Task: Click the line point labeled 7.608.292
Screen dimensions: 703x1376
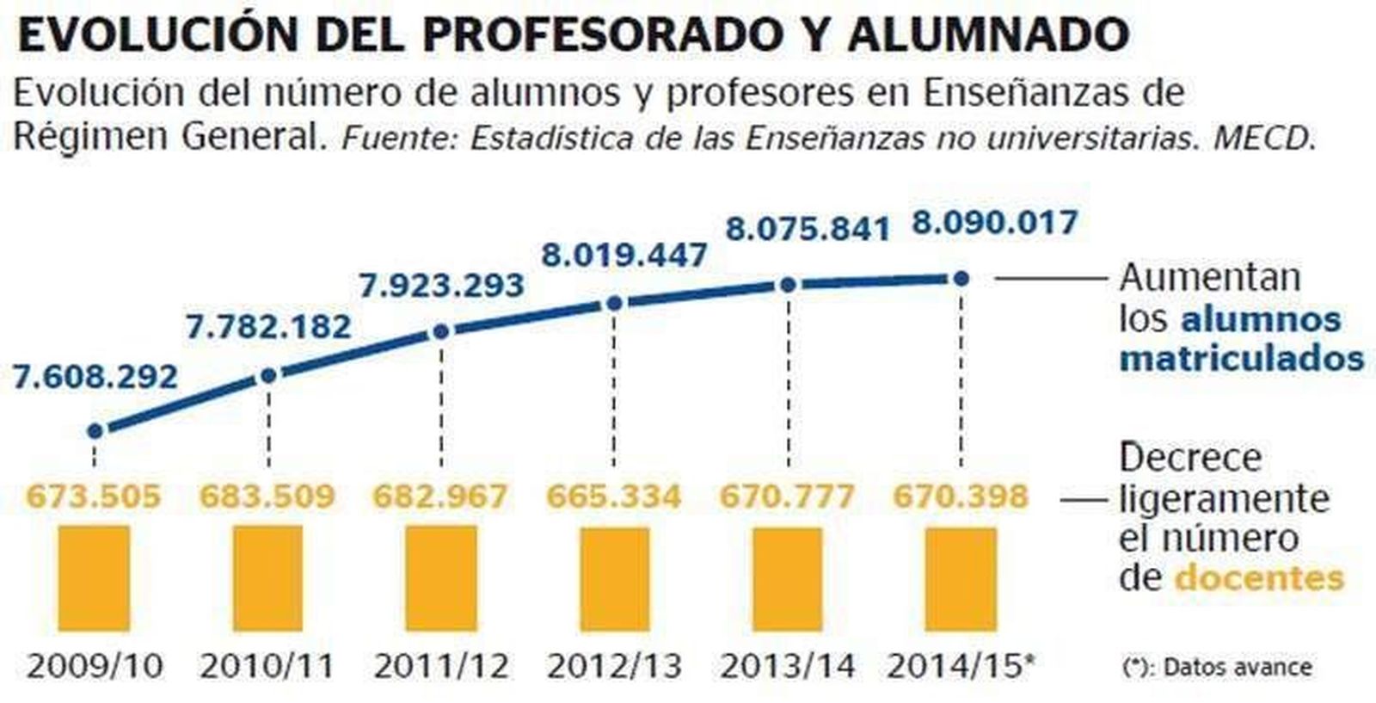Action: click(95, 430)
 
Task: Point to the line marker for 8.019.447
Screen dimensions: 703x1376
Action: click(614, 303)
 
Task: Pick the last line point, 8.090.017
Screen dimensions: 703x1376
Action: click(961, 278)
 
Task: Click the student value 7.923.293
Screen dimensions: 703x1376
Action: click(441, 285)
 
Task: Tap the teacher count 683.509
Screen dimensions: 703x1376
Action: click(267, 496)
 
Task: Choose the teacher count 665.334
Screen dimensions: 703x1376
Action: click(614, 496)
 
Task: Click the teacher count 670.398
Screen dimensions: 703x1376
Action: click(961, 496)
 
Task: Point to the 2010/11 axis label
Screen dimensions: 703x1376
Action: click(267, 665)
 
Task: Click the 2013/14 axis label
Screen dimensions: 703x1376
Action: click(788, 665)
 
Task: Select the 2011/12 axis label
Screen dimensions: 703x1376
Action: click(441, 665)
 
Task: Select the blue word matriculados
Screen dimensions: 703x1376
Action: click(1242, 358)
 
